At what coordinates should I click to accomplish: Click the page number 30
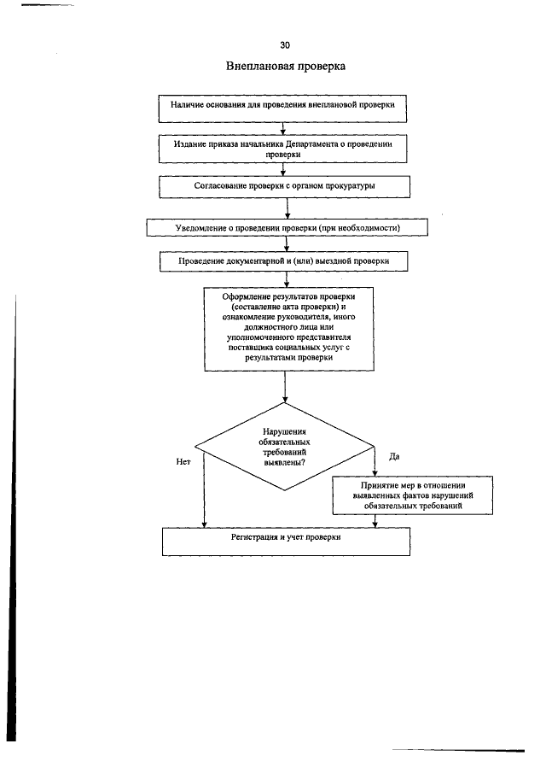pyautogui.click(x=285, y=45)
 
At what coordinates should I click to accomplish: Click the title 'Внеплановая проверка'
pyautogui.click(x=286, y=66)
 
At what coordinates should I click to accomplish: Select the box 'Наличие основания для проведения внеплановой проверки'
pyautogui.click(x=282, y=109)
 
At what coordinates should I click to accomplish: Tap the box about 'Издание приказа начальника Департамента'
pyautogui.click(x=282, y=149)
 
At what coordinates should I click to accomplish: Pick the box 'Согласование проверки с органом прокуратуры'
pyautogui.click(x=285, y=187)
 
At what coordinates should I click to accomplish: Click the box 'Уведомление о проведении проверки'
pyautogui.click(x=287, y=228)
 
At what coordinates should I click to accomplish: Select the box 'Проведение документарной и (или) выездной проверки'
pyautogui.click(x=283, y=261)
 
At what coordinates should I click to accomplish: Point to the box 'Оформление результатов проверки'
pyautogui.click(x=289, y=329)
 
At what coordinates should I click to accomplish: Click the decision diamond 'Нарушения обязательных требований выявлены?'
pyautogui.click(x=285, y=447)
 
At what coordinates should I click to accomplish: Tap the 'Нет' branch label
pyautogui.click(x=183, y=462)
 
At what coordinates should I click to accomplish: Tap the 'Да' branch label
pyautogui.click(x=394, y=456)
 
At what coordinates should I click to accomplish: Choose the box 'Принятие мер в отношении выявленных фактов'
pyautogui.click(x=413, y=495)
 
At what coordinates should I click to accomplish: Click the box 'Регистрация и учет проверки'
pyautogui.click(x=286, y=542)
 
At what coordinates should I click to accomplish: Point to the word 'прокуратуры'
pyautogui.click(x=350, y=186)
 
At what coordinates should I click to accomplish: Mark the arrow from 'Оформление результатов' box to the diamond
pyautogui.click(x=285, y=386)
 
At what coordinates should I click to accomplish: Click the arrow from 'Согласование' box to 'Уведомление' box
pyautogui.click(x=288, y=208)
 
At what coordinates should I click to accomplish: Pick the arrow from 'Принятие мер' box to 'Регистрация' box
pyautogui.click(x=375, y=522)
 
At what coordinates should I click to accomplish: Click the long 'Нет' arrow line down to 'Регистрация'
pyautogui.click(x=204, y=490)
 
